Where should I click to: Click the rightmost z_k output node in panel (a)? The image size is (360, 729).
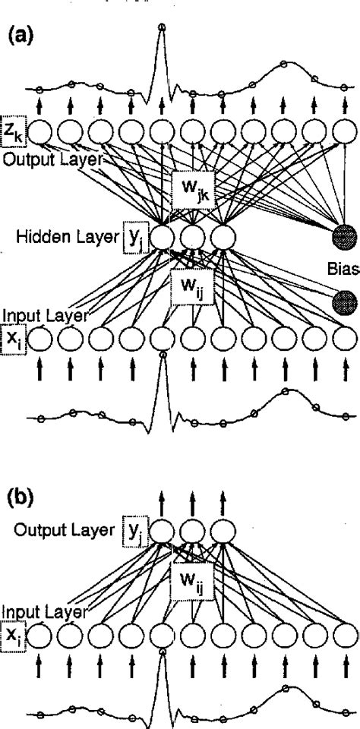pyautogui.click(x=345, y=134)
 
